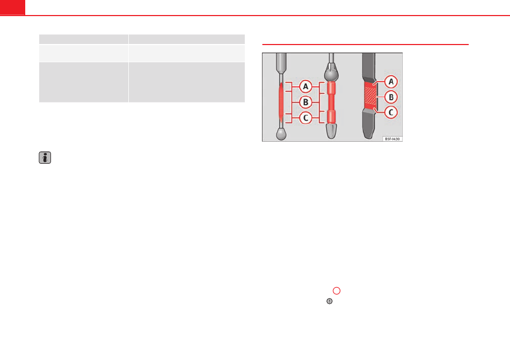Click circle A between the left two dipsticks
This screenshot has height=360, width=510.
click(305, 86)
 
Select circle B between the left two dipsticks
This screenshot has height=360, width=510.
click(305, 102)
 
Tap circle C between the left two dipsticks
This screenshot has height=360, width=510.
click(305, 117)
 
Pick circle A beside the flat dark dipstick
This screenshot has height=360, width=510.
click(391, 82)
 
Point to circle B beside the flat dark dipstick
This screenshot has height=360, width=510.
click(391, 97)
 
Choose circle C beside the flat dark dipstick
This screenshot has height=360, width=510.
click(391, 113)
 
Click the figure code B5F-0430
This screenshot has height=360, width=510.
click(392, 139)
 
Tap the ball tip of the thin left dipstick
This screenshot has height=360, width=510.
click(281, 134)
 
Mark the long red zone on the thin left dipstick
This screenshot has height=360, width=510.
click(281, 102)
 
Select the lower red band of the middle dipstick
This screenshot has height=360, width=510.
click(331, 116)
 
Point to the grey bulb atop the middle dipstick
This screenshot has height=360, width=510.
click(331, 73)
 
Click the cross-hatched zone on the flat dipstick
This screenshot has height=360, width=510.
click(370, 95)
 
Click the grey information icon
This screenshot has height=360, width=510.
click(45, 158)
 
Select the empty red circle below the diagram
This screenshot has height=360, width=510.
click(337, 291)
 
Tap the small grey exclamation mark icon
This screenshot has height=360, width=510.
click(330, 301)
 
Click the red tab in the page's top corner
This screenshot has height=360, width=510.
click(12, 8)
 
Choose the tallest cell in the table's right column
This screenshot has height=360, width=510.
click(187, 82)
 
